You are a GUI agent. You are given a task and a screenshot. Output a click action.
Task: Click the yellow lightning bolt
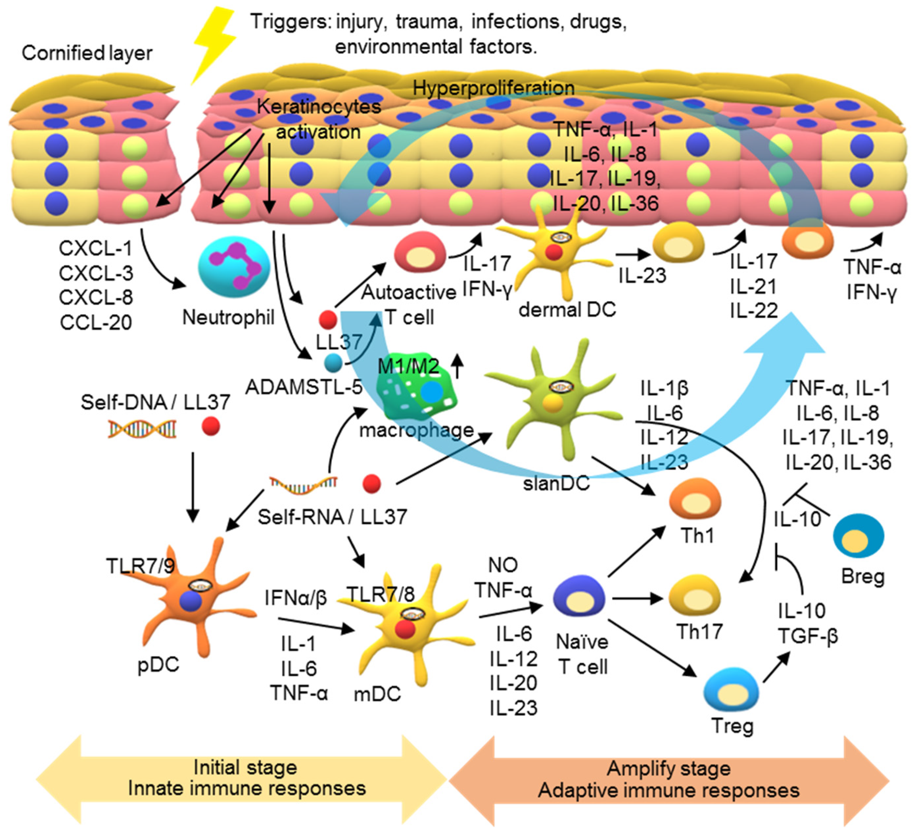213,43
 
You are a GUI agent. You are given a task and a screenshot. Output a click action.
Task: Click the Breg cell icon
858,537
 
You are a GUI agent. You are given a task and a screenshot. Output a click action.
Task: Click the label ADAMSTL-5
303,387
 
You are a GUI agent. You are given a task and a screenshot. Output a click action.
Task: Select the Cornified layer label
87,53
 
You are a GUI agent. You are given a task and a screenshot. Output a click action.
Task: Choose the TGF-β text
808,636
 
